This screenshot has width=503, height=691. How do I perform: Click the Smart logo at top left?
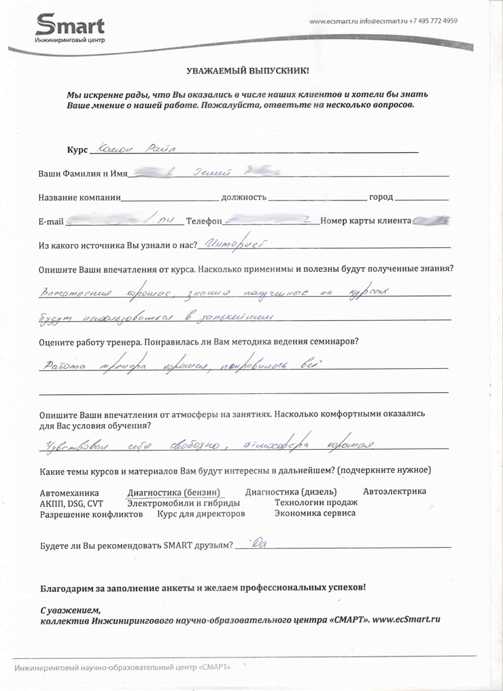click(x=70, y=29)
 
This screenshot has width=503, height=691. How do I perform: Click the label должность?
click(x=244, y=197)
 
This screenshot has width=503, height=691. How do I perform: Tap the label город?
click(x=381, y=197)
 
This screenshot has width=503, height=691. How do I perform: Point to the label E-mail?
click(x=51, y=222)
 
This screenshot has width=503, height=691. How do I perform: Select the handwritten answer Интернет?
click(x=233, y=243)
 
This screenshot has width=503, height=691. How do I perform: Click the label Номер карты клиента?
click(x=366, y=221)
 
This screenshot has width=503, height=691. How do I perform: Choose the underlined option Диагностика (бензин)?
click(x=174, y=492)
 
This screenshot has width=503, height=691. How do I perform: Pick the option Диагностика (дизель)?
click(x=293, y=491)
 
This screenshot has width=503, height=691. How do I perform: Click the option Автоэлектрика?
click(x=394, y=491)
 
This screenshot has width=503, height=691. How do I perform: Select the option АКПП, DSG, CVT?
click(x=71, y=503)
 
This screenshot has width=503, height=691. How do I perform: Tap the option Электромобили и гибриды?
click(x=184, y=503)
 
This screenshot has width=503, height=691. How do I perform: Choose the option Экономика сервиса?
click(x=315, y=514)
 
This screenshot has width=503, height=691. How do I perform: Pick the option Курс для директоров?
click(x=201, y=514)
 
